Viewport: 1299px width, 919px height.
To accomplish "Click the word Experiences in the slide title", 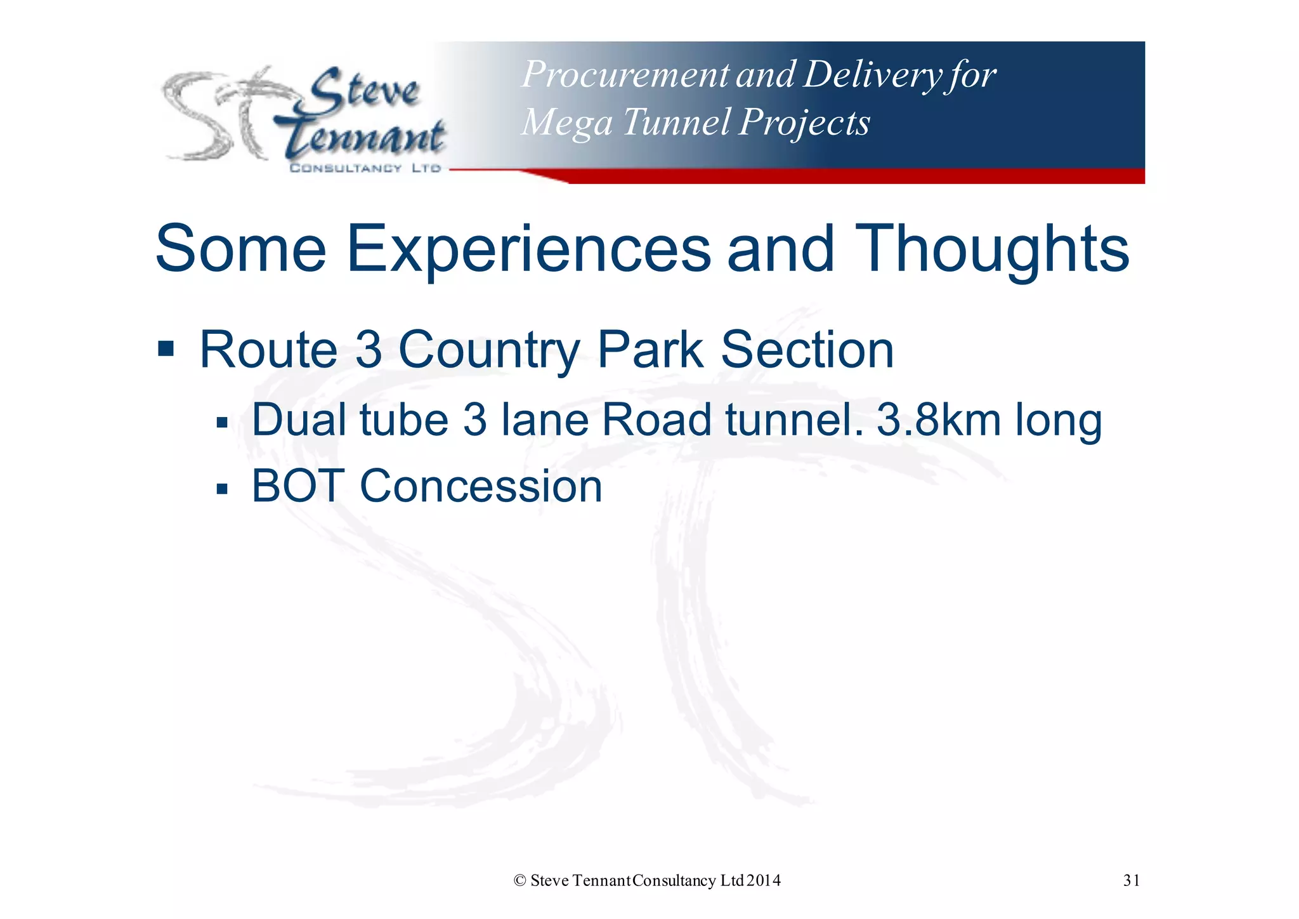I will pyautogui.click(x=528, y=249).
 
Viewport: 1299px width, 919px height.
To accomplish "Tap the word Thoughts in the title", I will pyautogui.click(x=992, y=249).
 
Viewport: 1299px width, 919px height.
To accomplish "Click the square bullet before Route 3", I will pyautogui.click(x=166, y=348).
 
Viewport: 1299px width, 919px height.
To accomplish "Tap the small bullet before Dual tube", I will pyautogui.click(x=221, y=423).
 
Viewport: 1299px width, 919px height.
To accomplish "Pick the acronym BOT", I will pyautogui.click(x=297, y=486).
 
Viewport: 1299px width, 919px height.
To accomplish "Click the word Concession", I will pyautogui.click(x=481, y=486).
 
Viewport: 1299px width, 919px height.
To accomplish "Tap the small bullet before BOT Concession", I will pyautogui.click(x=221, y=489).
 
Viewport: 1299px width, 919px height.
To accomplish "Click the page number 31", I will pyautogui.click(x=1131, y=880).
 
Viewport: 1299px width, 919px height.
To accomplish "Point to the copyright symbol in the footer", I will pyautogui.click(x=519, y=881).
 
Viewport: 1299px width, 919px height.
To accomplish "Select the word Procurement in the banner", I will pyautogui.click(x=625, y=75).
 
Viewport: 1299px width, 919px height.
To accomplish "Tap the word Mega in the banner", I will pyautogui.click(x=566, y=122).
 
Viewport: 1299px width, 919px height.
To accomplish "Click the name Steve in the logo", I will pyautogui.click(x=365, y=92).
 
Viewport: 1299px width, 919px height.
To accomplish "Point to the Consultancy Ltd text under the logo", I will pyautogui.click(x=365, y=168).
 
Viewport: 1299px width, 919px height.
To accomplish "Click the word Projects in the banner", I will pyautogui.click(x=804, y=122).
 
